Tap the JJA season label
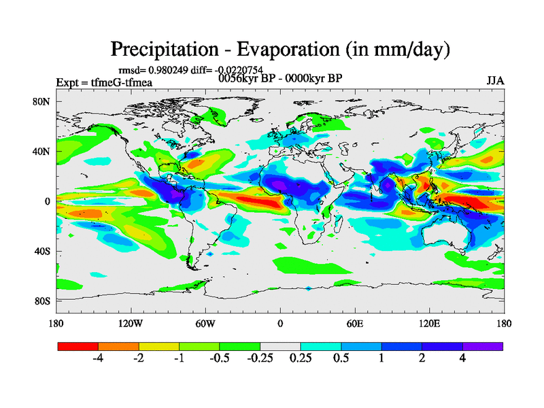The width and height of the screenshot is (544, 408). [495, 80]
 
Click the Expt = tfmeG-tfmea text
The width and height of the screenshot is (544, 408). [104, 83]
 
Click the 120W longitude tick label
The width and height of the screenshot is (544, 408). [131, 323]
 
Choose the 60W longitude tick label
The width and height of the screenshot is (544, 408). [205, 323]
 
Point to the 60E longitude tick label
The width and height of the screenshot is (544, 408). [354, 323]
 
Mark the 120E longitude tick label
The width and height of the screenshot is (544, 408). [429, 323]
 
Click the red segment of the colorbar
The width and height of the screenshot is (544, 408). [78, 346]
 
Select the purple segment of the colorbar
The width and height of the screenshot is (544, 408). [483, 346]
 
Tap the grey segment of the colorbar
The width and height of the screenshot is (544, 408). [280, 346]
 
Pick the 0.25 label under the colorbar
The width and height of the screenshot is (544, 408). [300, 359]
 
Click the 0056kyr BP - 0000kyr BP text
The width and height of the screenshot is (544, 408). [280, 78]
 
